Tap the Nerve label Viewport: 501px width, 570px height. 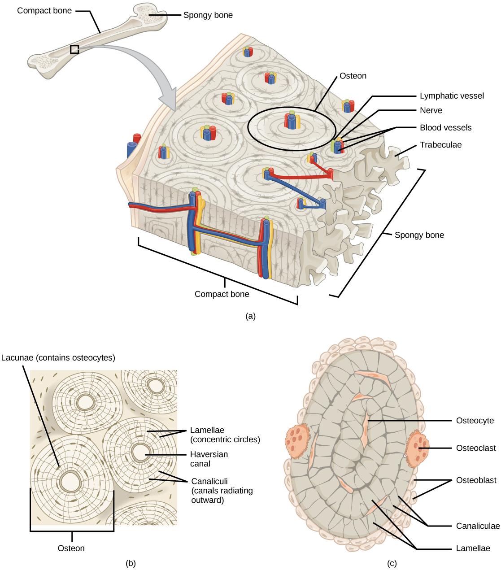pyautogui.click(x=431, y=110)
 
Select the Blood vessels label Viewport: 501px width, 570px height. pyautogui.click(x=445, y=127)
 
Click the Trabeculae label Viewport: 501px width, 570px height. pyautogui.click(x=440, y=145)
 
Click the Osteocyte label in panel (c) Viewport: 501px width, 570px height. pyautogui.click(x=475, y=421)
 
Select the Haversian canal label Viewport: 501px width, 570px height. pyautogui.click(x=209, y=459)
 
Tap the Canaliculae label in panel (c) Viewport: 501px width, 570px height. pyautogui.click(x=478, y=526)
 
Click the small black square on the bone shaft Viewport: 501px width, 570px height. pyautogui.click(x=74, y=49)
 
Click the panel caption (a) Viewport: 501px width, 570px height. pyautogui.click(x=251, y=316)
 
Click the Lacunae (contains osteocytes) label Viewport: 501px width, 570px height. pyautogui.click(x=58, y=357)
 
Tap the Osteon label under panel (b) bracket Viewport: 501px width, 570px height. pyautogui.click(x=71, y=548)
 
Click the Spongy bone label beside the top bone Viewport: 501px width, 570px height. pyautogui.click(x=208, y=15)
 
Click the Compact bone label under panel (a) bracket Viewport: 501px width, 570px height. pyautogui.click(x=222, y=294)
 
